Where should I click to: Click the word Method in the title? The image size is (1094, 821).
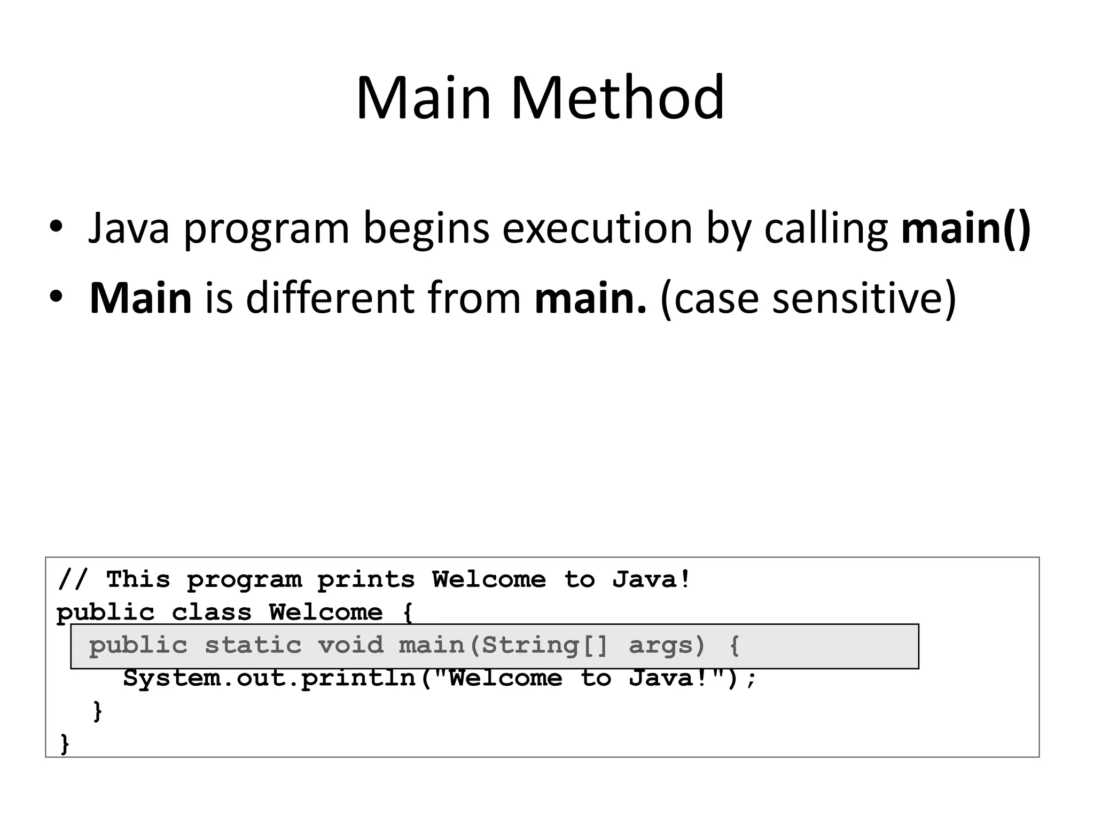(x=618, y=98)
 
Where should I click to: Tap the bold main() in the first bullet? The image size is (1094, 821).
(x=966, y=228)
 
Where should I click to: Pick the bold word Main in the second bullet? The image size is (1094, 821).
(x=140, y=298)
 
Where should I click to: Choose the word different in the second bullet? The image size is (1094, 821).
(x=329, y=298)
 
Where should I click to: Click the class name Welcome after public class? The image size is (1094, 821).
(x=326, y=613)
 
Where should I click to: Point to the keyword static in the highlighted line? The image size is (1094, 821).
(x=253, y=646)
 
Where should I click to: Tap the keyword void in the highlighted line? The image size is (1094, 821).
(x=351, y=646)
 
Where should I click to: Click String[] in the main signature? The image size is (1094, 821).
(x=545, y=646)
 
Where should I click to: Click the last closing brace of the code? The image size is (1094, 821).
(x=65, y=743)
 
